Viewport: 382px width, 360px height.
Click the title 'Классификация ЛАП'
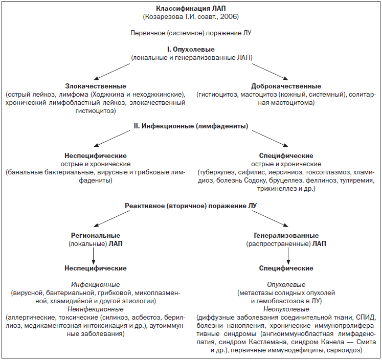click(x=191, y=9)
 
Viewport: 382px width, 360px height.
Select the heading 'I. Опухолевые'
click(x=191, y=49)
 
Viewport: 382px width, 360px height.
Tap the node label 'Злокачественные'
click(x=96, y=86)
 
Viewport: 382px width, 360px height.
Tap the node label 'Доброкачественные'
click(x=286, y=86)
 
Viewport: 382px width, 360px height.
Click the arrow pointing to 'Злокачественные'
click(x=112, y=72)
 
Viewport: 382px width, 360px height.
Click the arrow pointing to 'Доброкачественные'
click(x=270, y=72)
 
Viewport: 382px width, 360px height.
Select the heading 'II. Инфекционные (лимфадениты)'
click(x=191, y=126)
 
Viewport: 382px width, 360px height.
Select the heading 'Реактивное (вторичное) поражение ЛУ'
click(x=191, y=206)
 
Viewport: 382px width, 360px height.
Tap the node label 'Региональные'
click(x=96, y=236)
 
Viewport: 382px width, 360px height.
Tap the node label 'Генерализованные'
click(x=286, y=236)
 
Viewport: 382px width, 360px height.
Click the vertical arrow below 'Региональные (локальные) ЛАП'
click(x=93, y=256)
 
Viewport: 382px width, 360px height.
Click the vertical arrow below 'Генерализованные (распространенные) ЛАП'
click(x=288, y=256)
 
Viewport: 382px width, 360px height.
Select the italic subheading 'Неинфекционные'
click(x=96, y=309)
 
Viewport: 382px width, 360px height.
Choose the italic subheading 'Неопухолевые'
click(x=286, y=309)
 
